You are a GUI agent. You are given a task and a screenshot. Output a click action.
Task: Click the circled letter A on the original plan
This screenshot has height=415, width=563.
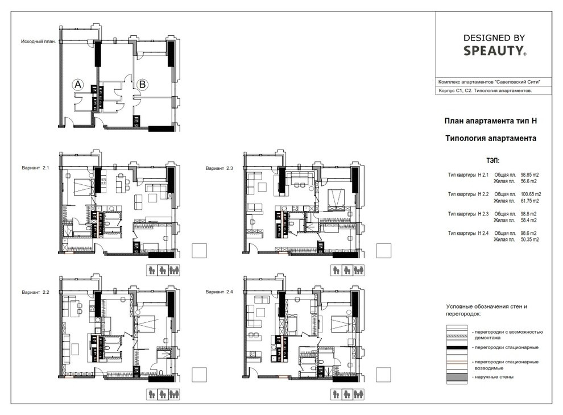pyautogui.click(x=77, y=85)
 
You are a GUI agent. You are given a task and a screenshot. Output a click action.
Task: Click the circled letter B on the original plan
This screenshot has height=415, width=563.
pyautogui.click(x=143, y=84)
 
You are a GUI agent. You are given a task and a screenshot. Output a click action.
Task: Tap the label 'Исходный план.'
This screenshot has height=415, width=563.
pyautogui.click(x=39, y=42)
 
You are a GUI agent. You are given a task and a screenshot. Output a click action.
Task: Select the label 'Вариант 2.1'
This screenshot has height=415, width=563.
pyautogui.click(x=35, y=168)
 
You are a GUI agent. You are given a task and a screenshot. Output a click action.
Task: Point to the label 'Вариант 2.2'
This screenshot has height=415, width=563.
pyautogui.click(x=35, y=292)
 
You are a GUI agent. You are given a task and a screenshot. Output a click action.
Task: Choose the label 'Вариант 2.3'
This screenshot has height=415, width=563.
pyautogui.click(x=219, y=168)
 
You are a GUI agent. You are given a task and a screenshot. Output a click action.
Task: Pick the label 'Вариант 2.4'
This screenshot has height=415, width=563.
pyautogui.click(x=219, y=292)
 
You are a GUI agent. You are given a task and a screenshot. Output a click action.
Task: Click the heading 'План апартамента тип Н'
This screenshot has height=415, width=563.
pyautogui.click(x=491, y=121)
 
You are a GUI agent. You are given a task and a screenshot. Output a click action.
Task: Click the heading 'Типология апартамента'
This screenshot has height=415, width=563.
pyautogui.click(x=491, y=138)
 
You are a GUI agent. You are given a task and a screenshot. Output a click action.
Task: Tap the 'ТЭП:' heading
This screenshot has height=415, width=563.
pyautogui.click(x=492, y=160)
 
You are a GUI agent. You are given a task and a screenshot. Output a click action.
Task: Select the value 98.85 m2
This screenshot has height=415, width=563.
pyautogui.click(x=529, y=175)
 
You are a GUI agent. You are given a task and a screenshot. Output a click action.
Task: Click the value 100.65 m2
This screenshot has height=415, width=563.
pyautogui.click(x=531, y=194)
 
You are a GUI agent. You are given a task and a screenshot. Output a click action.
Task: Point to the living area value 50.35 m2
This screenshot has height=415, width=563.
pyautogui.click(x=529, y=239)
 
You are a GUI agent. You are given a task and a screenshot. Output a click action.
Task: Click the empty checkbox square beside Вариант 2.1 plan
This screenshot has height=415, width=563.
pyautogui.click(x=199, y=251)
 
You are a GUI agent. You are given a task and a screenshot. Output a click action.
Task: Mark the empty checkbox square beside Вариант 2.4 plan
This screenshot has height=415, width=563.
pyautogui.click(x=383, y=375)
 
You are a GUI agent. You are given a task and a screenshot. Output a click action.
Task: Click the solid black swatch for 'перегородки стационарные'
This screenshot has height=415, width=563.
pyautogui.click(x=457, y=347)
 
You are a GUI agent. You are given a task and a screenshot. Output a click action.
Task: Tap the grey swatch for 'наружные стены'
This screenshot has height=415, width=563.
pyautogui.click(x=457, y=377)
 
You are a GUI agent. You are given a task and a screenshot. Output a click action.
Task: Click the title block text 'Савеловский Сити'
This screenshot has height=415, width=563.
pyautogui.click(x=518, y=82)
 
